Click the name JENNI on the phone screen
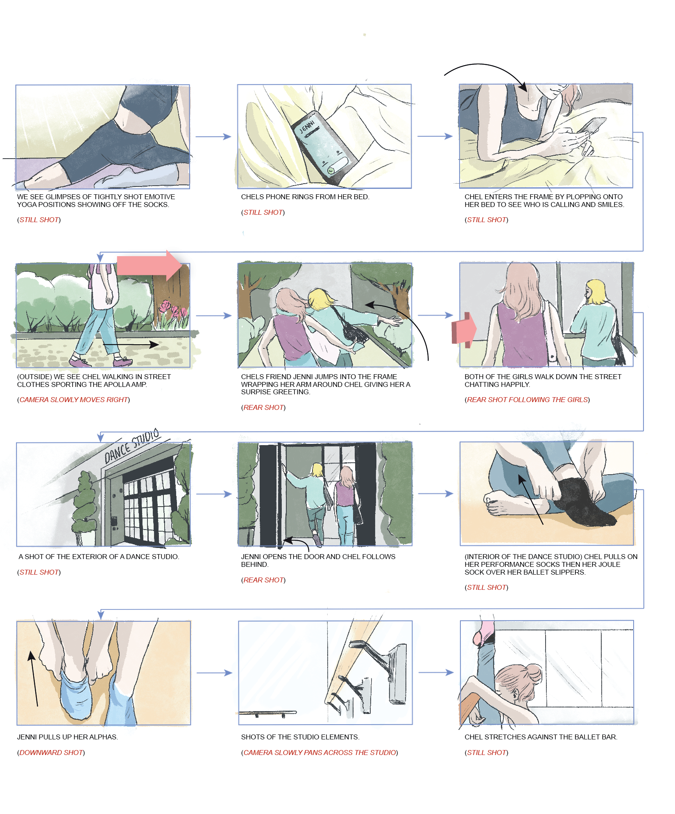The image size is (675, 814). point(307,127)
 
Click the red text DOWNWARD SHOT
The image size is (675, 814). point(51,753)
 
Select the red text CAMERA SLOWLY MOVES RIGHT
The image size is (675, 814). point(74,400)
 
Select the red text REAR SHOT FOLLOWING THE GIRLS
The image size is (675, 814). point(527,400)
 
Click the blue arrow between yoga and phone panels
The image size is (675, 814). point(213,136)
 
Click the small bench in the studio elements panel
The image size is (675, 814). point(268,714)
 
